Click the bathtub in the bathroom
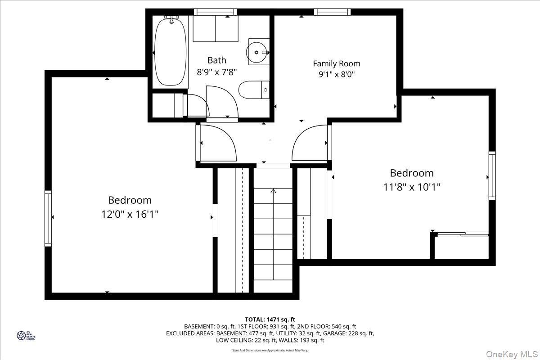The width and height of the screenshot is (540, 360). click(x=171, y=51)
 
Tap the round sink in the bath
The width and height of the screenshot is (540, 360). click(x=257, y=52)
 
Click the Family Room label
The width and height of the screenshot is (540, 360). click(x=337, y=63)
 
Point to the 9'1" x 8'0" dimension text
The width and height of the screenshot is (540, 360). click(x=337, y=75)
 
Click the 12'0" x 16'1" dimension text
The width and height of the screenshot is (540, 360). click(x=130, y=214)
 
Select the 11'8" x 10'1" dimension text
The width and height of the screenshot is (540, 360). click(x=412, y=186)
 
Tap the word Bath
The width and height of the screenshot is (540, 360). click(x=217, y=60)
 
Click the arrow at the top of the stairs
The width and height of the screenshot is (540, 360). click(x=273, y=191)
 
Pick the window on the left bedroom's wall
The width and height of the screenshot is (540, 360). click(x=48, y=218)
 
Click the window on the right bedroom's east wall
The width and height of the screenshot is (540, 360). click(x=492, y=175)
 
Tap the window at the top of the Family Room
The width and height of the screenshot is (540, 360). click(x=332, y=12)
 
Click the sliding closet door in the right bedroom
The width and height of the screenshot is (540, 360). click(x=463, y=234)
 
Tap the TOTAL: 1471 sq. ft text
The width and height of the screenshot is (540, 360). click(x=270, y=319)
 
